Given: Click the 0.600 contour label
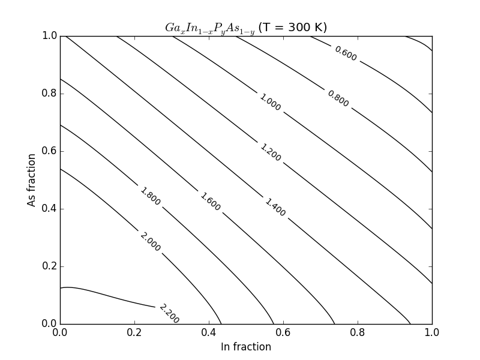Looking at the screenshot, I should click(x=346, y=53).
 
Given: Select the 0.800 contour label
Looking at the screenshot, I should click(x=338, y=98).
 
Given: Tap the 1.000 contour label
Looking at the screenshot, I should click(x=270, y=102).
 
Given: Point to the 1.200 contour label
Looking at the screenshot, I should click(x=271, y=152).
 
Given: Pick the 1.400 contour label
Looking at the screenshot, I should click(x=275, y=207).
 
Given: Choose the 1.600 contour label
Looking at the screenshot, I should click(x=210, y=202).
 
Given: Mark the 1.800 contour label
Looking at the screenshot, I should click(x=150, y=196).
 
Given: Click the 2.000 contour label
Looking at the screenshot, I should click(x=150, y=242).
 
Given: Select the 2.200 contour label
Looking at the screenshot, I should click(x=169, y=313).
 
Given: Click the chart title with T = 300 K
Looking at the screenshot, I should click(x=246, y=28).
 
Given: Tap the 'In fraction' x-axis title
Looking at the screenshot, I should click(x=246, y=347).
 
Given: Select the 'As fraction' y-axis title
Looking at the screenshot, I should click(x=32, y=180).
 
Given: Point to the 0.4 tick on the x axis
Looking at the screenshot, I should click(x=209, y=331).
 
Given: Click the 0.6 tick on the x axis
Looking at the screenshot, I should click(x=283, y=331).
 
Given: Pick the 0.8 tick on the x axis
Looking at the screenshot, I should click(x=358, y=331).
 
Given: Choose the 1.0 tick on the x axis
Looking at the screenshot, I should click(x=432, y=331).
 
